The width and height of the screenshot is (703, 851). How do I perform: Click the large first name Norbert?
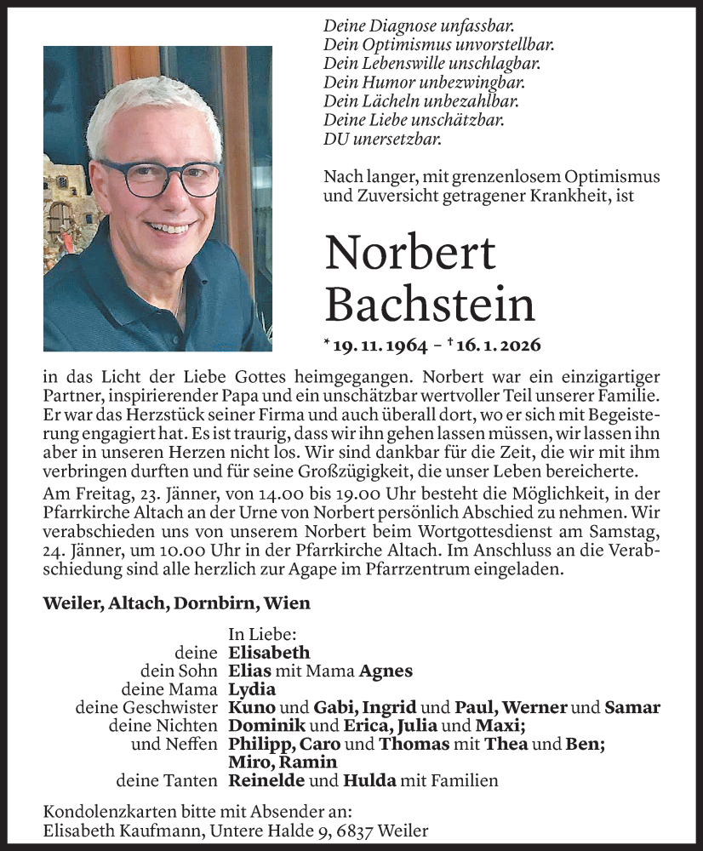[409, 254]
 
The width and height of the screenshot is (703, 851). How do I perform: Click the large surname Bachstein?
[430, 305]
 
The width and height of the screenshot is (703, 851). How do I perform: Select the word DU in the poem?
[334, 139]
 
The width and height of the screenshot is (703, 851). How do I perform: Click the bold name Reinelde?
[266, 780]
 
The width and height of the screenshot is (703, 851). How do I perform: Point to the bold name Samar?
[632, 707]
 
